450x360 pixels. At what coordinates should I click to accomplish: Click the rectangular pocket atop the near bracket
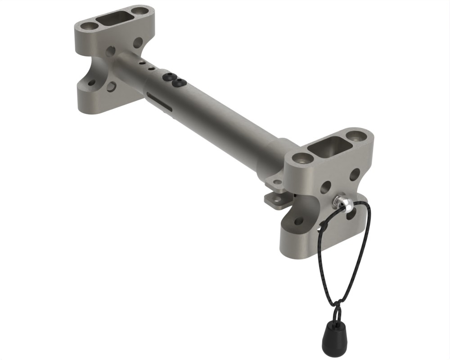point(331,147)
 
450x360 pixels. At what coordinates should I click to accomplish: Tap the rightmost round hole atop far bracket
point(141,9)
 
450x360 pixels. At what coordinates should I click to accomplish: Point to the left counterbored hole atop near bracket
point(301,158)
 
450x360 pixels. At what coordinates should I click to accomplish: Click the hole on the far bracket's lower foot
point(92,83)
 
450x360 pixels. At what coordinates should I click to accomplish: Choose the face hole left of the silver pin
point(325,187)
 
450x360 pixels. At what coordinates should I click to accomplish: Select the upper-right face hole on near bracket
point(355,175)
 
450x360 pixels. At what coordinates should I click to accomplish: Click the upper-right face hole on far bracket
point(138,43)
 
